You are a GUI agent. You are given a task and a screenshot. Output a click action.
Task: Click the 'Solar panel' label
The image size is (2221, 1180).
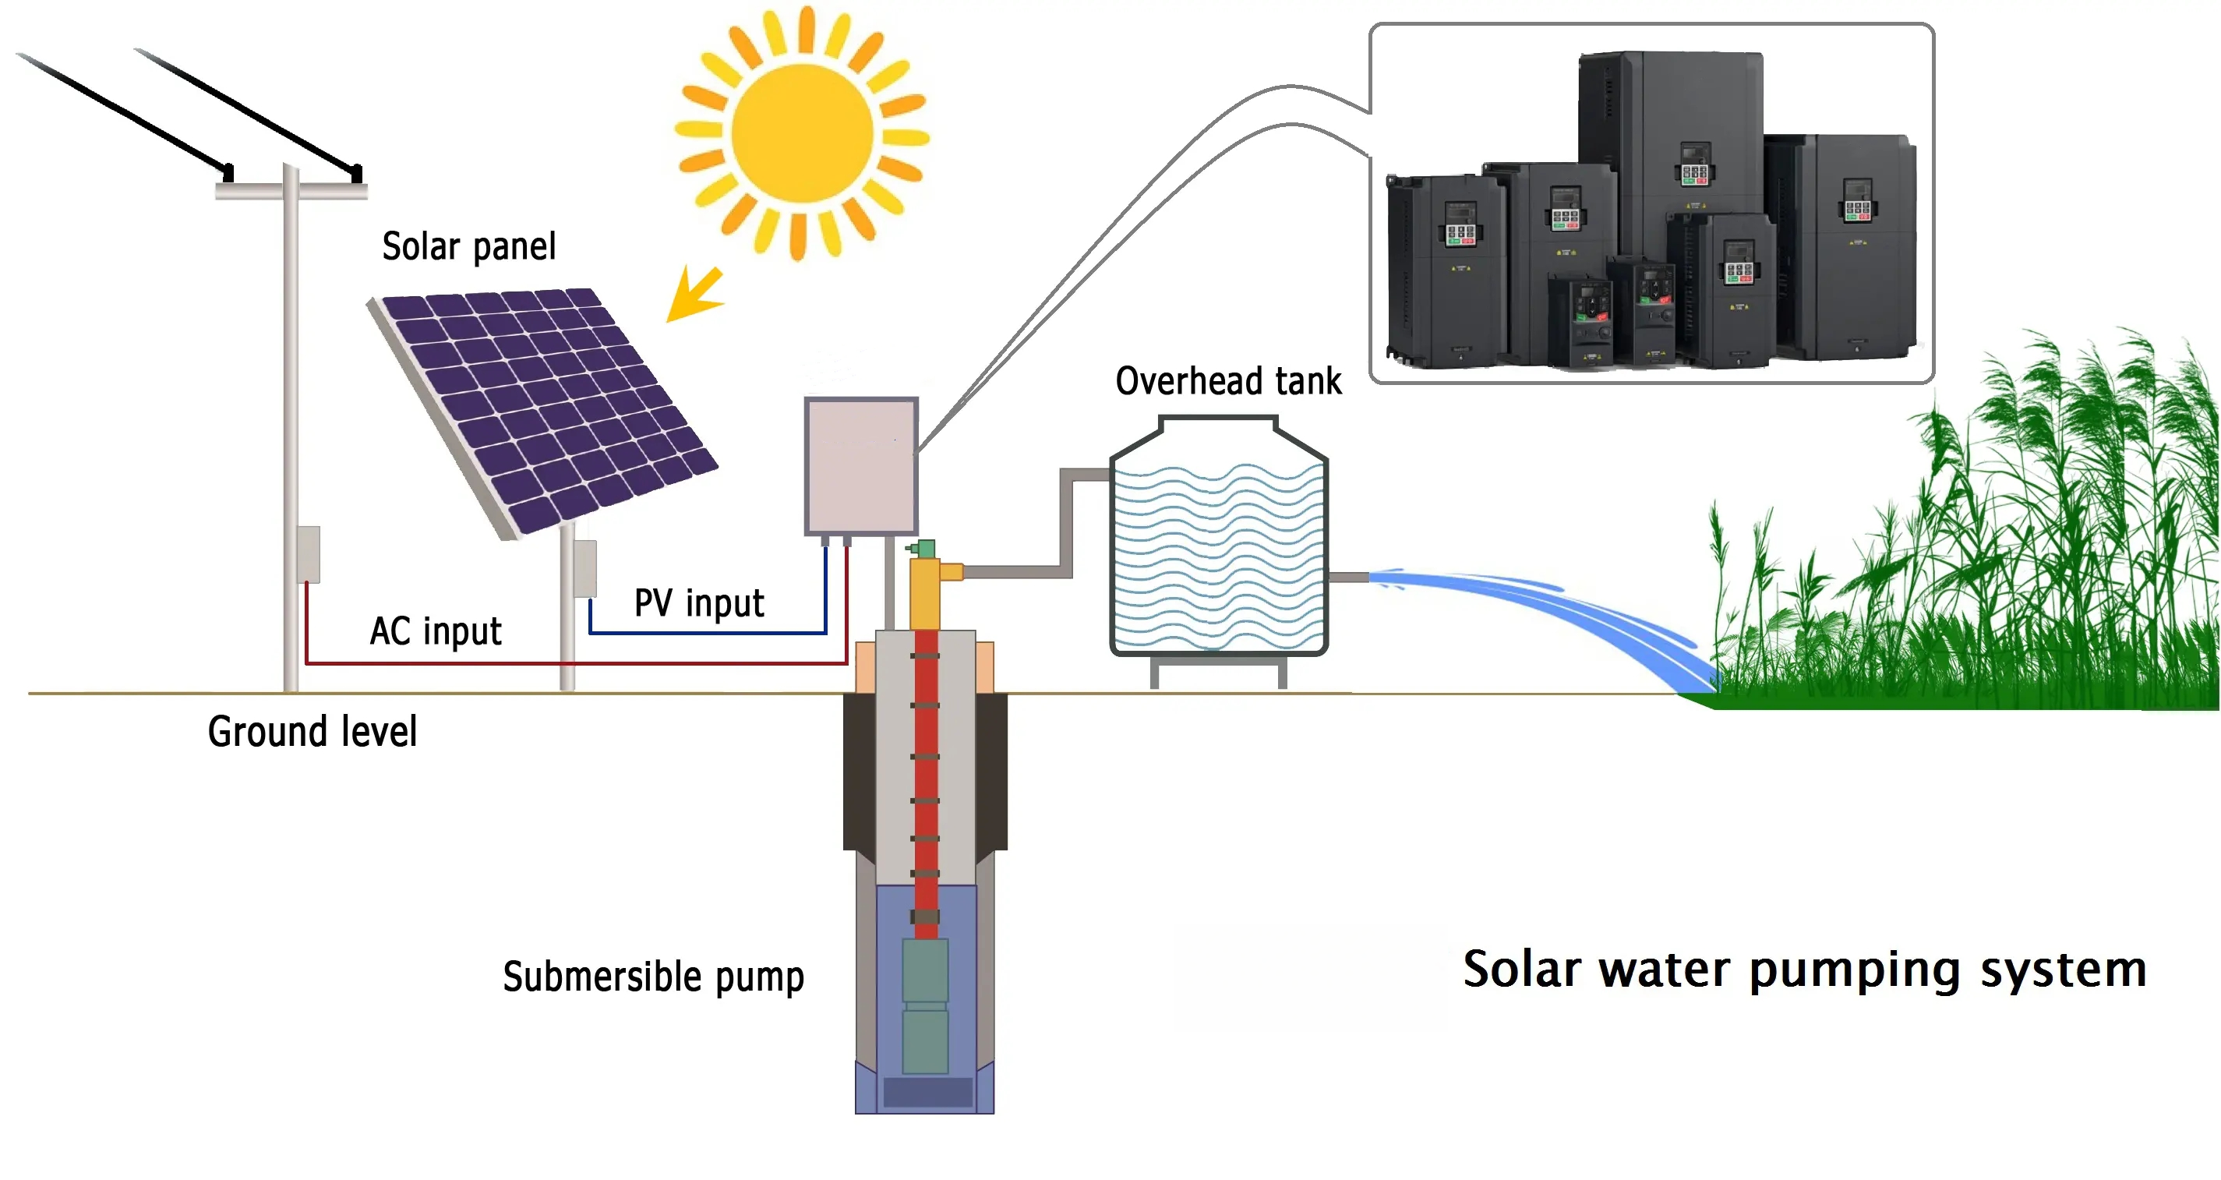(468, 247)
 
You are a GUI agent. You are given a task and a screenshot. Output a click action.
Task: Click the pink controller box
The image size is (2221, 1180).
(860, 467)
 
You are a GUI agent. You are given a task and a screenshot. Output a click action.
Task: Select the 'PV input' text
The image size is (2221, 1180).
(698, 603)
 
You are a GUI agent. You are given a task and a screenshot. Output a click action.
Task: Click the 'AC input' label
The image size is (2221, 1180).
(436, 631)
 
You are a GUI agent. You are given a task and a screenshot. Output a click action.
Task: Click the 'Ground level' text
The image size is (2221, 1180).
(312, 732)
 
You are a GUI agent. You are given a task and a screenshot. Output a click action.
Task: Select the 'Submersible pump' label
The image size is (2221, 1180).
(653, 977)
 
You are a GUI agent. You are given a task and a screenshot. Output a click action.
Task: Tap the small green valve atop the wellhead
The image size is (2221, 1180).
(925, 549)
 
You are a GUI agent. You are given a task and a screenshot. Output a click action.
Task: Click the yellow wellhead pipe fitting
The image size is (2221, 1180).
(926, 591)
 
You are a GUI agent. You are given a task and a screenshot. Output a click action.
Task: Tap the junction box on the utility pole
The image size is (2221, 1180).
(309, 554)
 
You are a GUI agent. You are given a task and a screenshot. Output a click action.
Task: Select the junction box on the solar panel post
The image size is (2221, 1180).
(585, 568)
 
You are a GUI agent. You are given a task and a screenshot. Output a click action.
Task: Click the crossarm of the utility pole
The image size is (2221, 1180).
(291, 191)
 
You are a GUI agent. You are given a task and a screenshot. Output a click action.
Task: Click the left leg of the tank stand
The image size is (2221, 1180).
(1154, 673)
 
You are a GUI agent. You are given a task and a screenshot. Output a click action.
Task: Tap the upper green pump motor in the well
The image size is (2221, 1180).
(925, 970)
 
